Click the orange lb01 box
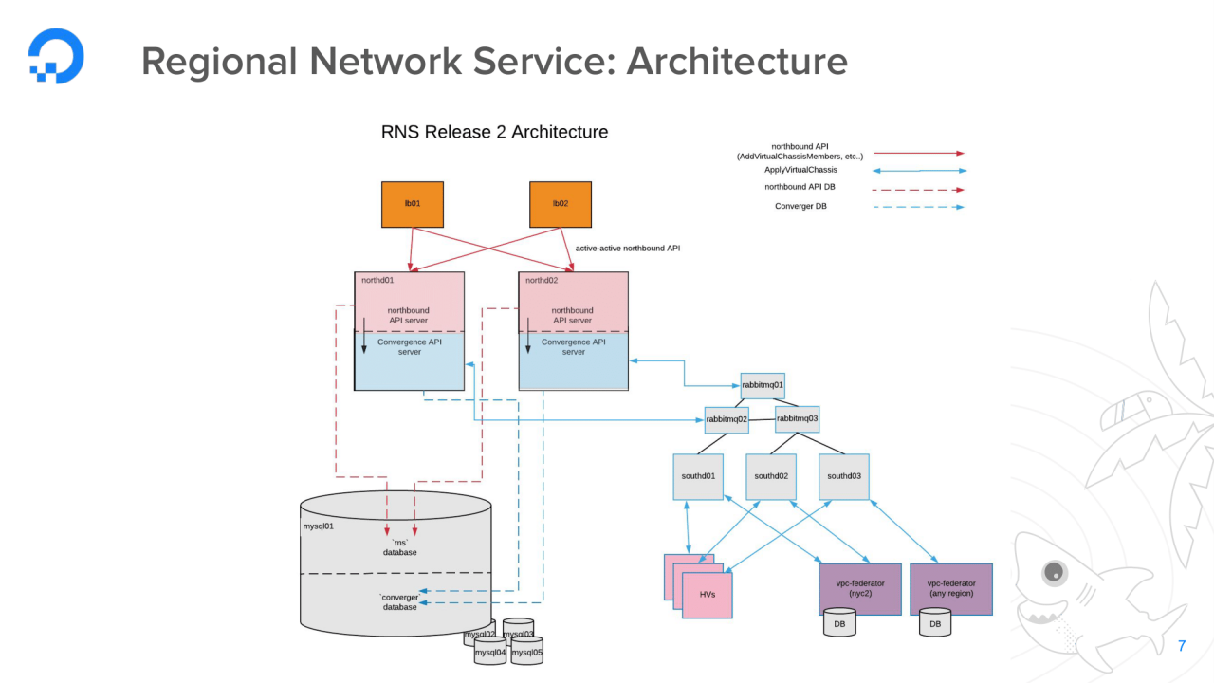pyautogui.click(x=413, y=204)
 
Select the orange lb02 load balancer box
pyautogui.click(x=560, y=204)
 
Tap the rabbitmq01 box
pyautogui.click(x=763, y=385)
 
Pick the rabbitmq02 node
pyautogui.click(x=727, y=419)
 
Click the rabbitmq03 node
pyautogui.click(x=797, y=418)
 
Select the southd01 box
pyautogui.click(x=697, y=476)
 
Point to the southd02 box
pyautogui.click(x=770, y=476)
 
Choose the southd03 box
pyautogui.click(x=843, y=476)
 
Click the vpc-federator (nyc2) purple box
pyautogui.click(x=859, y=589)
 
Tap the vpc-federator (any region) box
pyautogui.click(x=950, y=589)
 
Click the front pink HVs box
pyautogui.click(x=707, y=596)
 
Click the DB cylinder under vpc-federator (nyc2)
pyautogui.click(x=839, y=623)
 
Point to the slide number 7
pyautogui.click(x=1181, y=646)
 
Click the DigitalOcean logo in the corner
pyautogui.click(x=56, y=56)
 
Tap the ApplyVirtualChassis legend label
pyautogui.click(x=800, y=170)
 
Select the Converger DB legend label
pyautogui.click(x=800, y=206)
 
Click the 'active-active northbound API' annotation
pyautogui.click(x=627, y=248)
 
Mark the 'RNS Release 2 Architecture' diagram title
pyautogui.click(x=494, y=132)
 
